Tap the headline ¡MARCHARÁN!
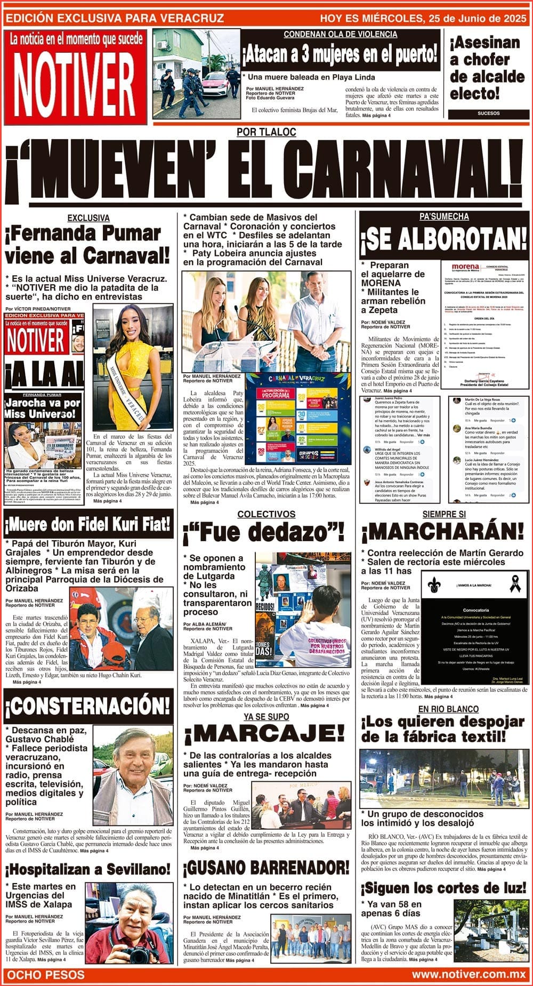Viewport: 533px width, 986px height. (442, 531)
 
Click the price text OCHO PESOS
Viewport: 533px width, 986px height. (44, 974)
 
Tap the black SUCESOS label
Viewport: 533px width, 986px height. (488, 114)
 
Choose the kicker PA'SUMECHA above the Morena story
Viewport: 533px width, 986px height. (443, 217)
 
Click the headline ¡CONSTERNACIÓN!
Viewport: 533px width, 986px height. (87, 707)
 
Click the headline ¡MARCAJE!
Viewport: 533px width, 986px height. (265, 735)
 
